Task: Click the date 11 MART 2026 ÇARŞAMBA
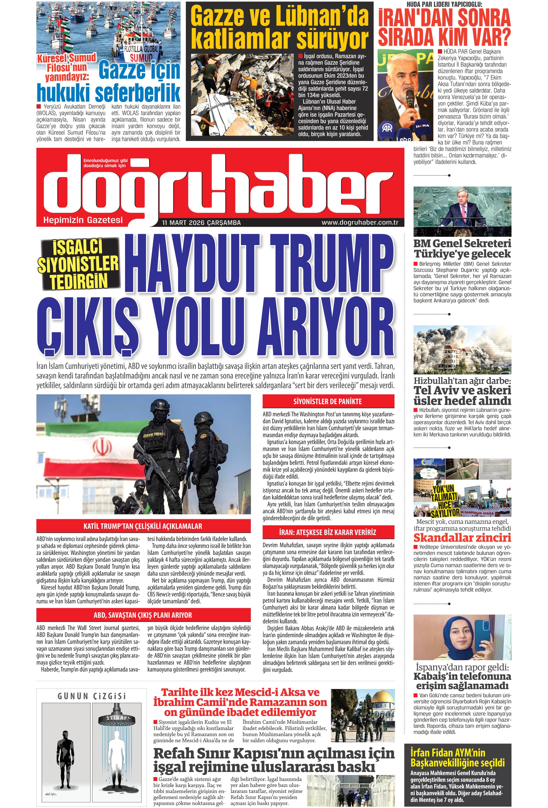(201, 223)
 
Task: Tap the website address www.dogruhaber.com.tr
(360, 223)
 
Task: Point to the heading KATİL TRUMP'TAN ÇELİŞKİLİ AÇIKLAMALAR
(143, 526)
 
